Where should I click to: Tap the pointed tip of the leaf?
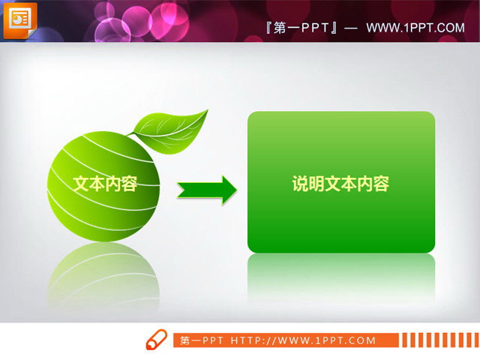coord(206,111)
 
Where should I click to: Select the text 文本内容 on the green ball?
coord(105,184)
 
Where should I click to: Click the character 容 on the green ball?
coord(129,184)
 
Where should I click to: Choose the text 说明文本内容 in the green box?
coord(340,184)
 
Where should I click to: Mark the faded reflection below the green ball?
coord(103,274)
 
